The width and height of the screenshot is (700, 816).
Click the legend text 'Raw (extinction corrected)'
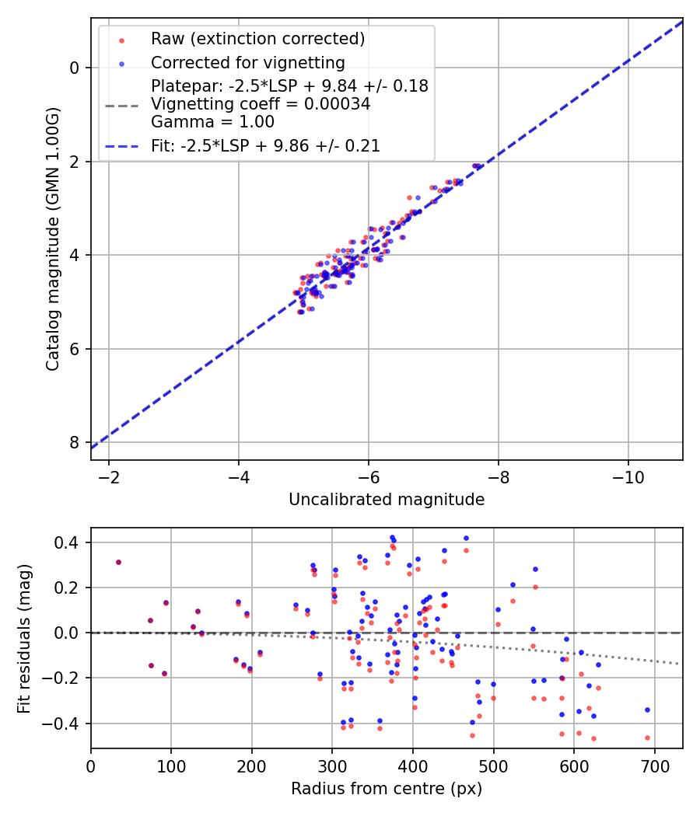[x=257, y=39]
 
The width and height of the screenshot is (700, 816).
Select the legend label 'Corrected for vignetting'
[x=248, y=63]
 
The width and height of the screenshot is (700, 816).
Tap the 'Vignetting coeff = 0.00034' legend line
[x=261, y=104]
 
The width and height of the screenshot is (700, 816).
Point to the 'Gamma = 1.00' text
[x=212, y=122]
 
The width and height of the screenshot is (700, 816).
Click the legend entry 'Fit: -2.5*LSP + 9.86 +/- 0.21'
[x=266, y=146]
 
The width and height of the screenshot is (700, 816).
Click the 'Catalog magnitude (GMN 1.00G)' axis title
[x=53, y=239]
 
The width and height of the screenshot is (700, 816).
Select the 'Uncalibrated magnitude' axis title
[x=387, y=500]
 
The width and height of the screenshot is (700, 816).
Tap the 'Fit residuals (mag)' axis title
[x=24, y=639]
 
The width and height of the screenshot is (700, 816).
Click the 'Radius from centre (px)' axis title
[x=387, y=789]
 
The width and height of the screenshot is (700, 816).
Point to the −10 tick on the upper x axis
[x=628, y=477]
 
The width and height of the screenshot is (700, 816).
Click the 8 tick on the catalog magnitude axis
[x=75, y=443]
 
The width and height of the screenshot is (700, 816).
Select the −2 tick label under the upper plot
[x=109, y=477]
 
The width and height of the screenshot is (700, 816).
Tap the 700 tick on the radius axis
[x=654, y=766]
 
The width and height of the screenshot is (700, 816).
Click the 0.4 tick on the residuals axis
[x=67, y=542]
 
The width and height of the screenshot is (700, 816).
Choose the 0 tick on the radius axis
[x=91, y=766]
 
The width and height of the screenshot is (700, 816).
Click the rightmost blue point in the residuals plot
[x=647, y=710]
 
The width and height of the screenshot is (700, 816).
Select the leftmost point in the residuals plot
[x=119, y=562]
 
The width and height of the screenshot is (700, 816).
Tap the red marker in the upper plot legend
[x=122, y=40]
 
